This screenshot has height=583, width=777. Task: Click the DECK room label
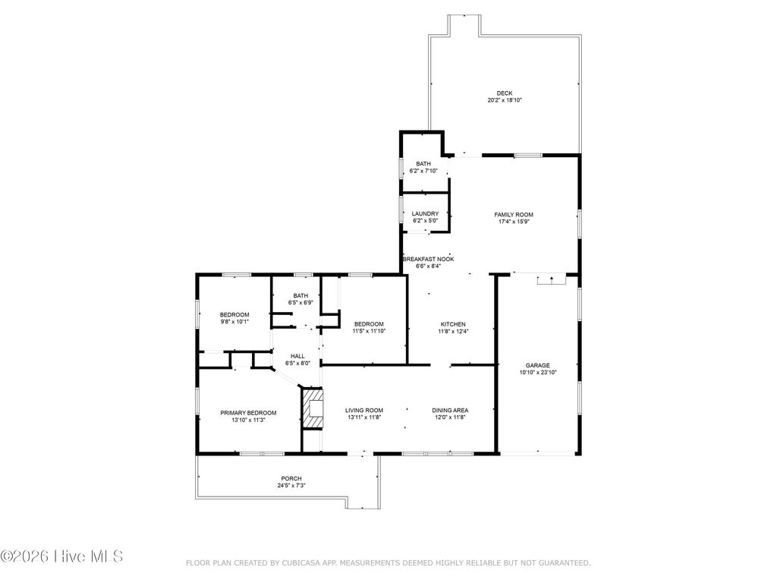(505, 93)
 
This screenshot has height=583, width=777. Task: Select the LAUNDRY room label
(425, 214)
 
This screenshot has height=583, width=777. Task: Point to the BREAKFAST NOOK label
(428, 259)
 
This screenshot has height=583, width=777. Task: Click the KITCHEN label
(453, 324)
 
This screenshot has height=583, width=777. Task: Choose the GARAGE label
(538, 365)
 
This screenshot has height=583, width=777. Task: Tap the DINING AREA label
(450, 410)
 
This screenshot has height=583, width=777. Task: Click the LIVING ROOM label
(364, 410)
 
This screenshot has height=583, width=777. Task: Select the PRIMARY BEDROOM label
(248, 413)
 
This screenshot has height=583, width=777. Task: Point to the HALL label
(297, 356)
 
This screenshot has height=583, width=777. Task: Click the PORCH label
(291, 478)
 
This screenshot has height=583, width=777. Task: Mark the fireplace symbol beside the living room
(313, 409)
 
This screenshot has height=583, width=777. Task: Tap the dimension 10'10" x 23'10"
(538, 373)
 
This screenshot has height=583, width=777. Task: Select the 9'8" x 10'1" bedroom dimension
(234, 322)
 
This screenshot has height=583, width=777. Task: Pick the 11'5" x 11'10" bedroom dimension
(369, 331)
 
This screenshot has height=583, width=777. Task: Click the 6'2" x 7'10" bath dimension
(423, 171)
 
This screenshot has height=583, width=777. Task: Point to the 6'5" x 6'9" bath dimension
(300, 303)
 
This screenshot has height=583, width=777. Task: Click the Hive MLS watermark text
(62, 556)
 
